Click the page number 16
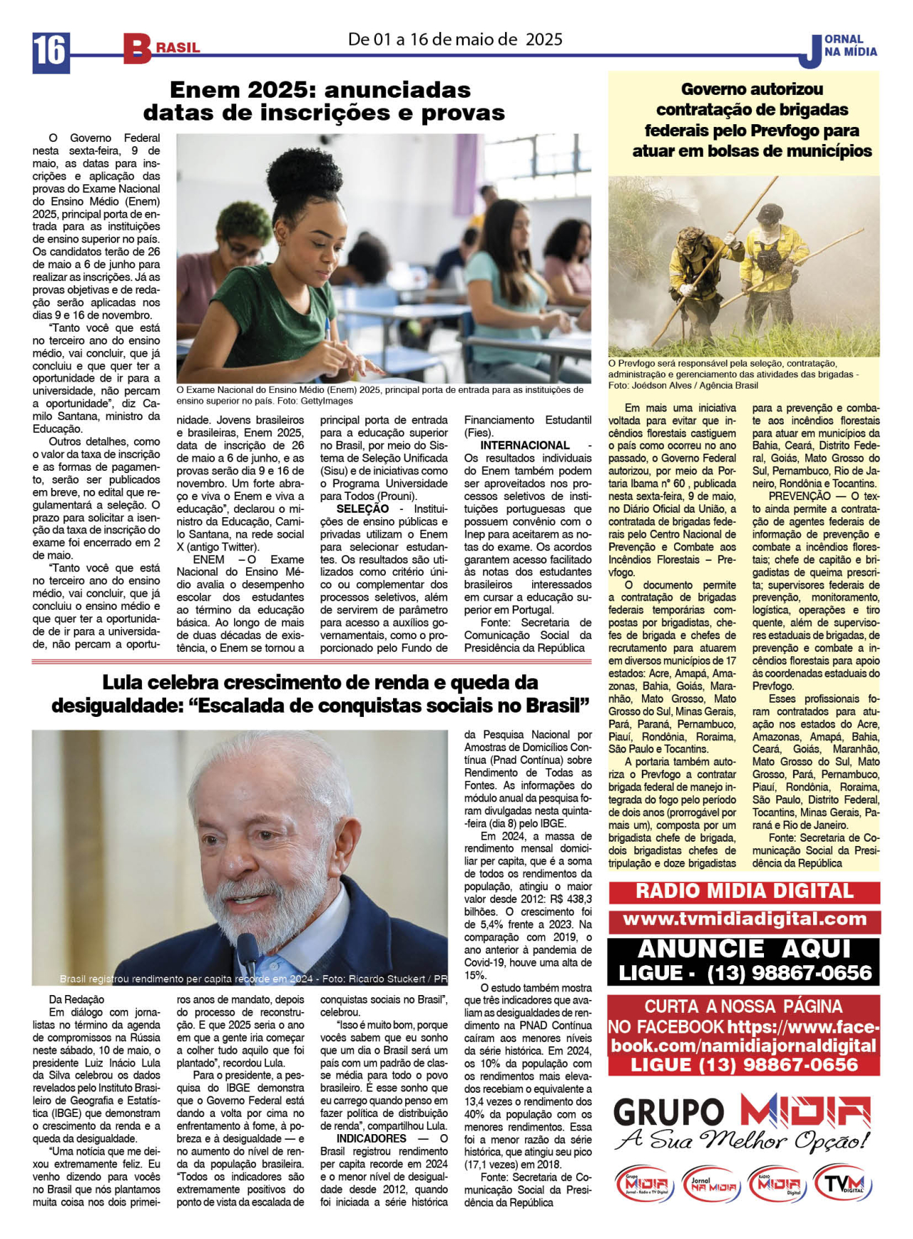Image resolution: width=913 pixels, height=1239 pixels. pyautogui.click(x=50, y=51)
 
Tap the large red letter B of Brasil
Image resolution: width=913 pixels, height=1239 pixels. pyautogui.click(x=136, y=49)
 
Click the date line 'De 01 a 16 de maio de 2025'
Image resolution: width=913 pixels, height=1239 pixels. pyautogui.click(x=455, y=39)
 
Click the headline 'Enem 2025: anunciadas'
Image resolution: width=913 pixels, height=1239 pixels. pyautogui.click(x=320, y=90)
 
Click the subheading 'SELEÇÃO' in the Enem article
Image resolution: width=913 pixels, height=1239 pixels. pyautogui.click(x=362, y=509)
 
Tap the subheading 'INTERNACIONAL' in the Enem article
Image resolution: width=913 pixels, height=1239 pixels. pyautogui.click(x=524, y=445)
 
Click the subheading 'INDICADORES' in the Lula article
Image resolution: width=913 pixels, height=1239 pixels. pyautogui.click(x=371, y=1138)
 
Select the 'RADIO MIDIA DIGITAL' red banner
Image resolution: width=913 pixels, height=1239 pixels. pyautogui.click(x=744, y=892)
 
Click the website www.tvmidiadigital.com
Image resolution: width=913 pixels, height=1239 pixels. pyautogui.click(x=744, y=919)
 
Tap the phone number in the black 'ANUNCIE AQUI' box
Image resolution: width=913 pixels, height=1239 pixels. pyautogui.click(x=789, y=973)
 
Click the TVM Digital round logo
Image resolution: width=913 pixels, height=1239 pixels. pyautogui.click(x=843, y=1186)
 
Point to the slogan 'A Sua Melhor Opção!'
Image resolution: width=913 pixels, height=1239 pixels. pyautogui.click(x=742, y=1139)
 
